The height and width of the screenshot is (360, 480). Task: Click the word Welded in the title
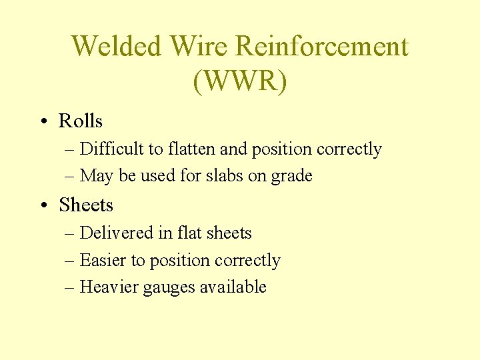point(116,47)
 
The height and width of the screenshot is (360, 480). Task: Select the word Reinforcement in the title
point(322,47)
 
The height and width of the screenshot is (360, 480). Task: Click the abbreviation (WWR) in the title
point(240,81)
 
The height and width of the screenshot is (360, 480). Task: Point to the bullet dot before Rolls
point(42,121)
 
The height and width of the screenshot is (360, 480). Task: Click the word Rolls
point(81,121)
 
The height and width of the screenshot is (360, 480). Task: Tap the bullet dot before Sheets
point(42,205)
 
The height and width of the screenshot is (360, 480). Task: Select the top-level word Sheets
point(86,205)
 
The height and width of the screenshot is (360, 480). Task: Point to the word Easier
point(99,260)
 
